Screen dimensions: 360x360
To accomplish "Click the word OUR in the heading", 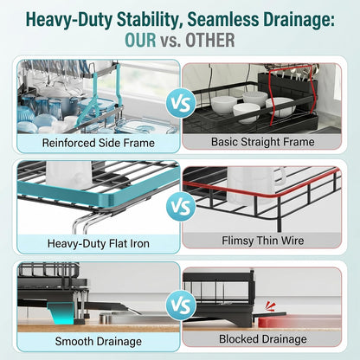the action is click(x=140, y=40).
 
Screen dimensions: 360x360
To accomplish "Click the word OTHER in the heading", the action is click(x=210, y=40).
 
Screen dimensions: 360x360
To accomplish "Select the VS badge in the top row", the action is click(x=181, y=103).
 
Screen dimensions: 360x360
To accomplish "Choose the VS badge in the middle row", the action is click(x=181, y=206).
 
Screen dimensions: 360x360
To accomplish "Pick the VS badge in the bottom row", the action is click(x=181, y=305).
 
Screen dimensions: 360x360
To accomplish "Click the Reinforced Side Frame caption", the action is click(x=99, y=143).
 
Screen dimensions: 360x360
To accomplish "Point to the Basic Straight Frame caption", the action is click(x=263, y=142).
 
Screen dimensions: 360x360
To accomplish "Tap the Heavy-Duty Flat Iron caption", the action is click(x=99, y=243).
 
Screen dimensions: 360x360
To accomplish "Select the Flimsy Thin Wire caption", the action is click(x=263, y=241).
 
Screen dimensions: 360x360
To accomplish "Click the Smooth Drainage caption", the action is click(x=99, y=342).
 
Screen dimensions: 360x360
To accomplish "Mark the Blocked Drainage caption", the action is click(x=263, y=339).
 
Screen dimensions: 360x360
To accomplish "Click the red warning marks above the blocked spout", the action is click(x=271, y=305).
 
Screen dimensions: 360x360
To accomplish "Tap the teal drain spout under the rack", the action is click(x=61, y=314).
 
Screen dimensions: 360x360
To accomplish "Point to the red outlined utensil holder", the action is click(x=292, y=95).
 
